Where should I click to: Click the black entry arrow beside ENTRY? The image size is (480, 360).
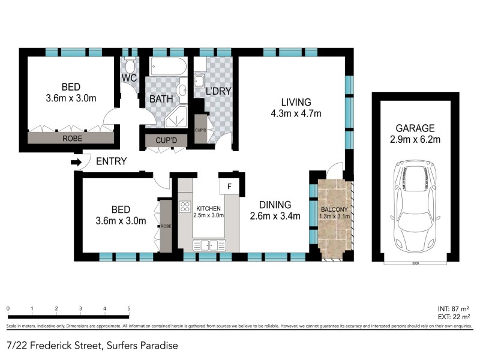[x=76, y=162]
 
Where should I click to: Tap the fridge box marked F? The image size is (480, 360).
[x=228, y=187]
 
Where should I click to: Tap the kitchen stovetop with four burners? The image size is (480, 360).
[x=185, y=208]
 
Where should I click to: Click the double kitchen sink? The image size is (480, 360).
[x=209, y=244]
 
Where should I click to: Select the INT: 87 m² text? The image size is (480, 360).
[x=454, y=308]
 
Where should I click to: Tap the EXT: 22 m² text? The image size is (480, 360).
[x=454, y=316]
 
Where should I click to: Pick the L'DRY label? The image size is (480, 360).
[x=218, y=91]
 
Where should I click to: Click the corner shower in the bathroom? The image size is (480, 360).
[x=176, y=119]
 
